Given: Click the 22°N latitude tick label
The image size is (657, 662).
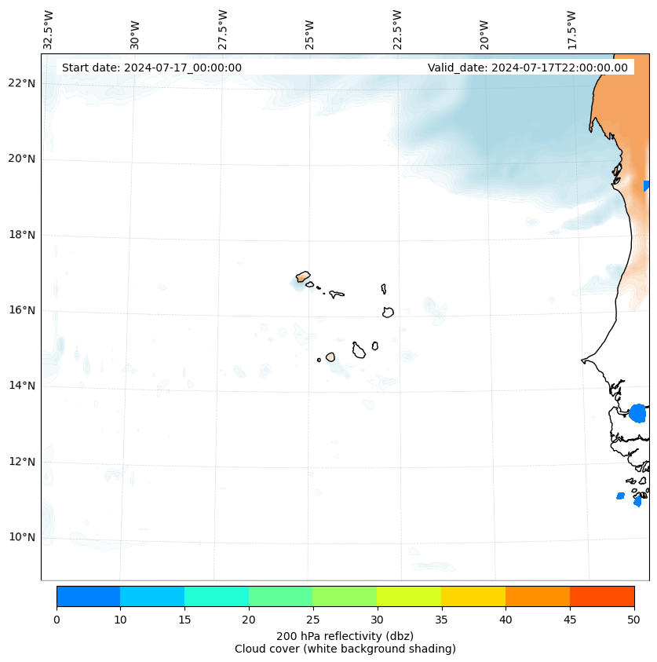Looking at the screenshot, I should pos(22,83).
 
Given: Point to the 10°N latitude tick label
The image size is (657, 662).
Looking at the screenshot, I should pos(22,537).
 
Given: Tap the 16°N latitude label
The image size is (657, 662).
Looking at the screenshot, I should pos(22,310).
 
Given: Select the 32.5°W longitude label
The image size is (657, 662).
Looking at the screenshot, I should pos(49,29).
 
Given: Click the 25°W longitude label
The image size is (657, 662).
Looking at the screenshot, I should pos(310,34).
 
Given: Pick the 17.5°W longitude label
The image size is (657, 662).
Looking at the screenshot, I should pos(572,29).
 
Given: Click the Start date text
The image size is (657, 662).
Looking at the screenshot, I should pos(151,68).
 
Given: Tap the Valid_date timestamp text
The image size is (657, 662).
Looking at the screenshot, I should pos(527,68).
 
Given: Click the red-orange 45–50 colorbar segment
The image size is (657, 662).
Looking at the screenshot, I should pos(602,596).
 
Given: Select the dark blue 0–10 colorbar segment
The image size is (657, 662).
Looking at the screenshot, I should pos(88,596).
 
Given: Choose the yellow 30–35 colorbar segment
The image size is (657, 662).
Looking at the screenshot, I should pos(409,596).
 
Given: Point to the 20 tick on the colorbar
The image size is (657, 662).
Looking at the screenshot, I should pos(249,619).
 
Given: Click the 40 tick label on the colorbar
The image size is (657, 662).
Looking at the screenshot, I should pos(506,619).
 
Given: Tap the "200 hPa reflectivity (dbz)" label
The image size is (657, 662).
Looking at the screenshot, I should pos(345,635).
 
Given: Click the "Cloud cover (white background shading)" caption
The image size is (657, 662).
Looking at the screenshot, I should pos(345,649).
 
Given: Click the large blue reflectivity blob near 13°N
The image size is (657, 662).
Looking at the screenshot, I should pos(637,413).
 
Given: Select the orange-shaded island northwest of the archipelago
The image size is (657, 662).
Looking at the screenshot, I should pos(303,276).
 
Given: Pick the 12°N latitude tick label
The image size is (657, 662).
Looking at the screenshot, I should pos(22,462).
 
